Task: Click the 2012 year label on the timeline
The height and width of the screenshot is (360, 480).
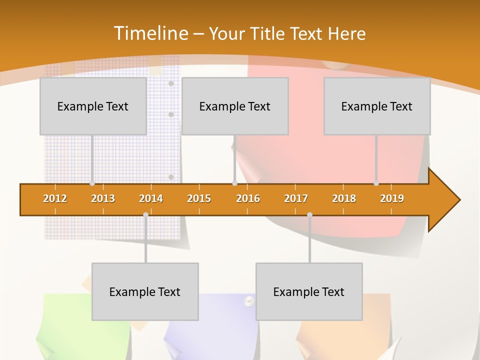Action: point(55,198)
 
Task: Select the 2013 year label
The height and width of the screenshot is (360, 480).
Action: point(103,198)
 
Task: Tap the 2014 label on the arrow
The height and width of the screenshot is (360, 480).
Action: point(151,198)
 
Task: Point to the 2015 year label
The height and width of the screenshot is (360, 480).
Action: point(199,198)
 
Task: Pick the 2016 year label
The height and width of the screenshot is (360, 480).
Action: point(248,198)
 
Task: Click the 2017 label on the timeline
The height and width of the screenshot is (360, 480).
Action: point(296,198)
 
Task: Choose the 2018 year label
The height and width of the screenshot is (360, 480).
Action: point(344,198)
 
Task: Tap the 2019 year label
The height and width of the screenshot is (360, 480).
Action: point(392,198)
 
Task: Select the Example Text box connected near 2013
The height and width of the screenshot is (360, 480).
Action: point(93,106)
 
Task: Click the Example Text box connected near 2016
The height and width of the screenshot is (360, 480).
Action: point(235,106)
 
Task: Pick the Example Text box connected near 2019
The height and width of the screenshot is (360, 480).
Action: point(377,106)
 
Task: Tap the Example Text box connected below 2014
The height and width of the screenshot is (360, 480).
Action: point(145,291)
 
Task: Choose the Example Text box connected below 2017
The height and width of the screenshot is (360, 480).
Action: point(309,291)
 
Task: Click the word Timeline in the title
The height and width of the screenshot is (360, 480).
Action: point(150,33)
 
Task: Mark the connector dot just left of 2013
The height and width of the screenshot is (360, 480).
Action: point(92,183)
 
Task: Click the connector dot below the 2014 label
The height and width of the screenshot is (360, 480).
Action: point(145,215)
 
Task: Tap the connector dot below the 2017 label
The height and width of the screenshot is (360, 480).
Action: point(309,215)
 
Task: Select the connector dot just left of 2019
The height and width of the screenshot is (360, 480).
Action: point(376,183)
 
